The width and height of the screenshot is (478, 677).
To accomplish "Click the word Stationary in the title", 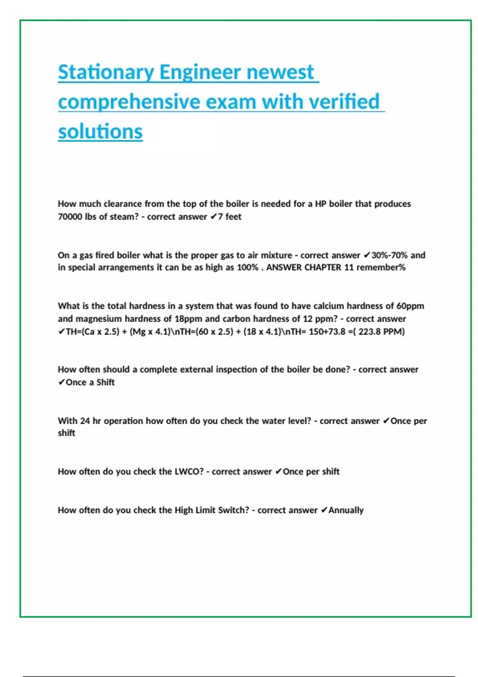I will point(106,72).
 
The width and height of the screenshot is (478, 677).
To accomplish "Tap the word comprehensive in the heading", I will point(129,102).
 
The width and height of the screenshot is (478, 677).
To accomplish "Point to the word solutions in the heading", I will point(100,131).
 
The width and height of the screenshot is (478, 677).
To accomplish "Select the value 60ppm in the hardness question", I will point(410,306).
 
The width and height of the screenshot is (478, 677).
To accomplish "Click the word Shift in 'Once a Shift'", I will point(106,382).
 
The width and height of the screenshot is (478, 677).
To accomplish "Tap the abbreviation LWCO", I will point(189,472).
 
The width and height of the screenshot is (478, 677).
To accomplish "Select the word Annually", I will point(346,510).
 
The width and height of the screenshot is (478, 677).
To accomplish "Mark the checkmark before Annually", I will point(324,510).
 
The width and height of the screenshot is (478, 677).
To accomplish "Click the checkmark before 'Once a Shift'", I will point(61,382).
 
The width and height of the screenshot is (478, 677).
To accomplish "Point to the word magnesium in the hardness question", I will point(99,319).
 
